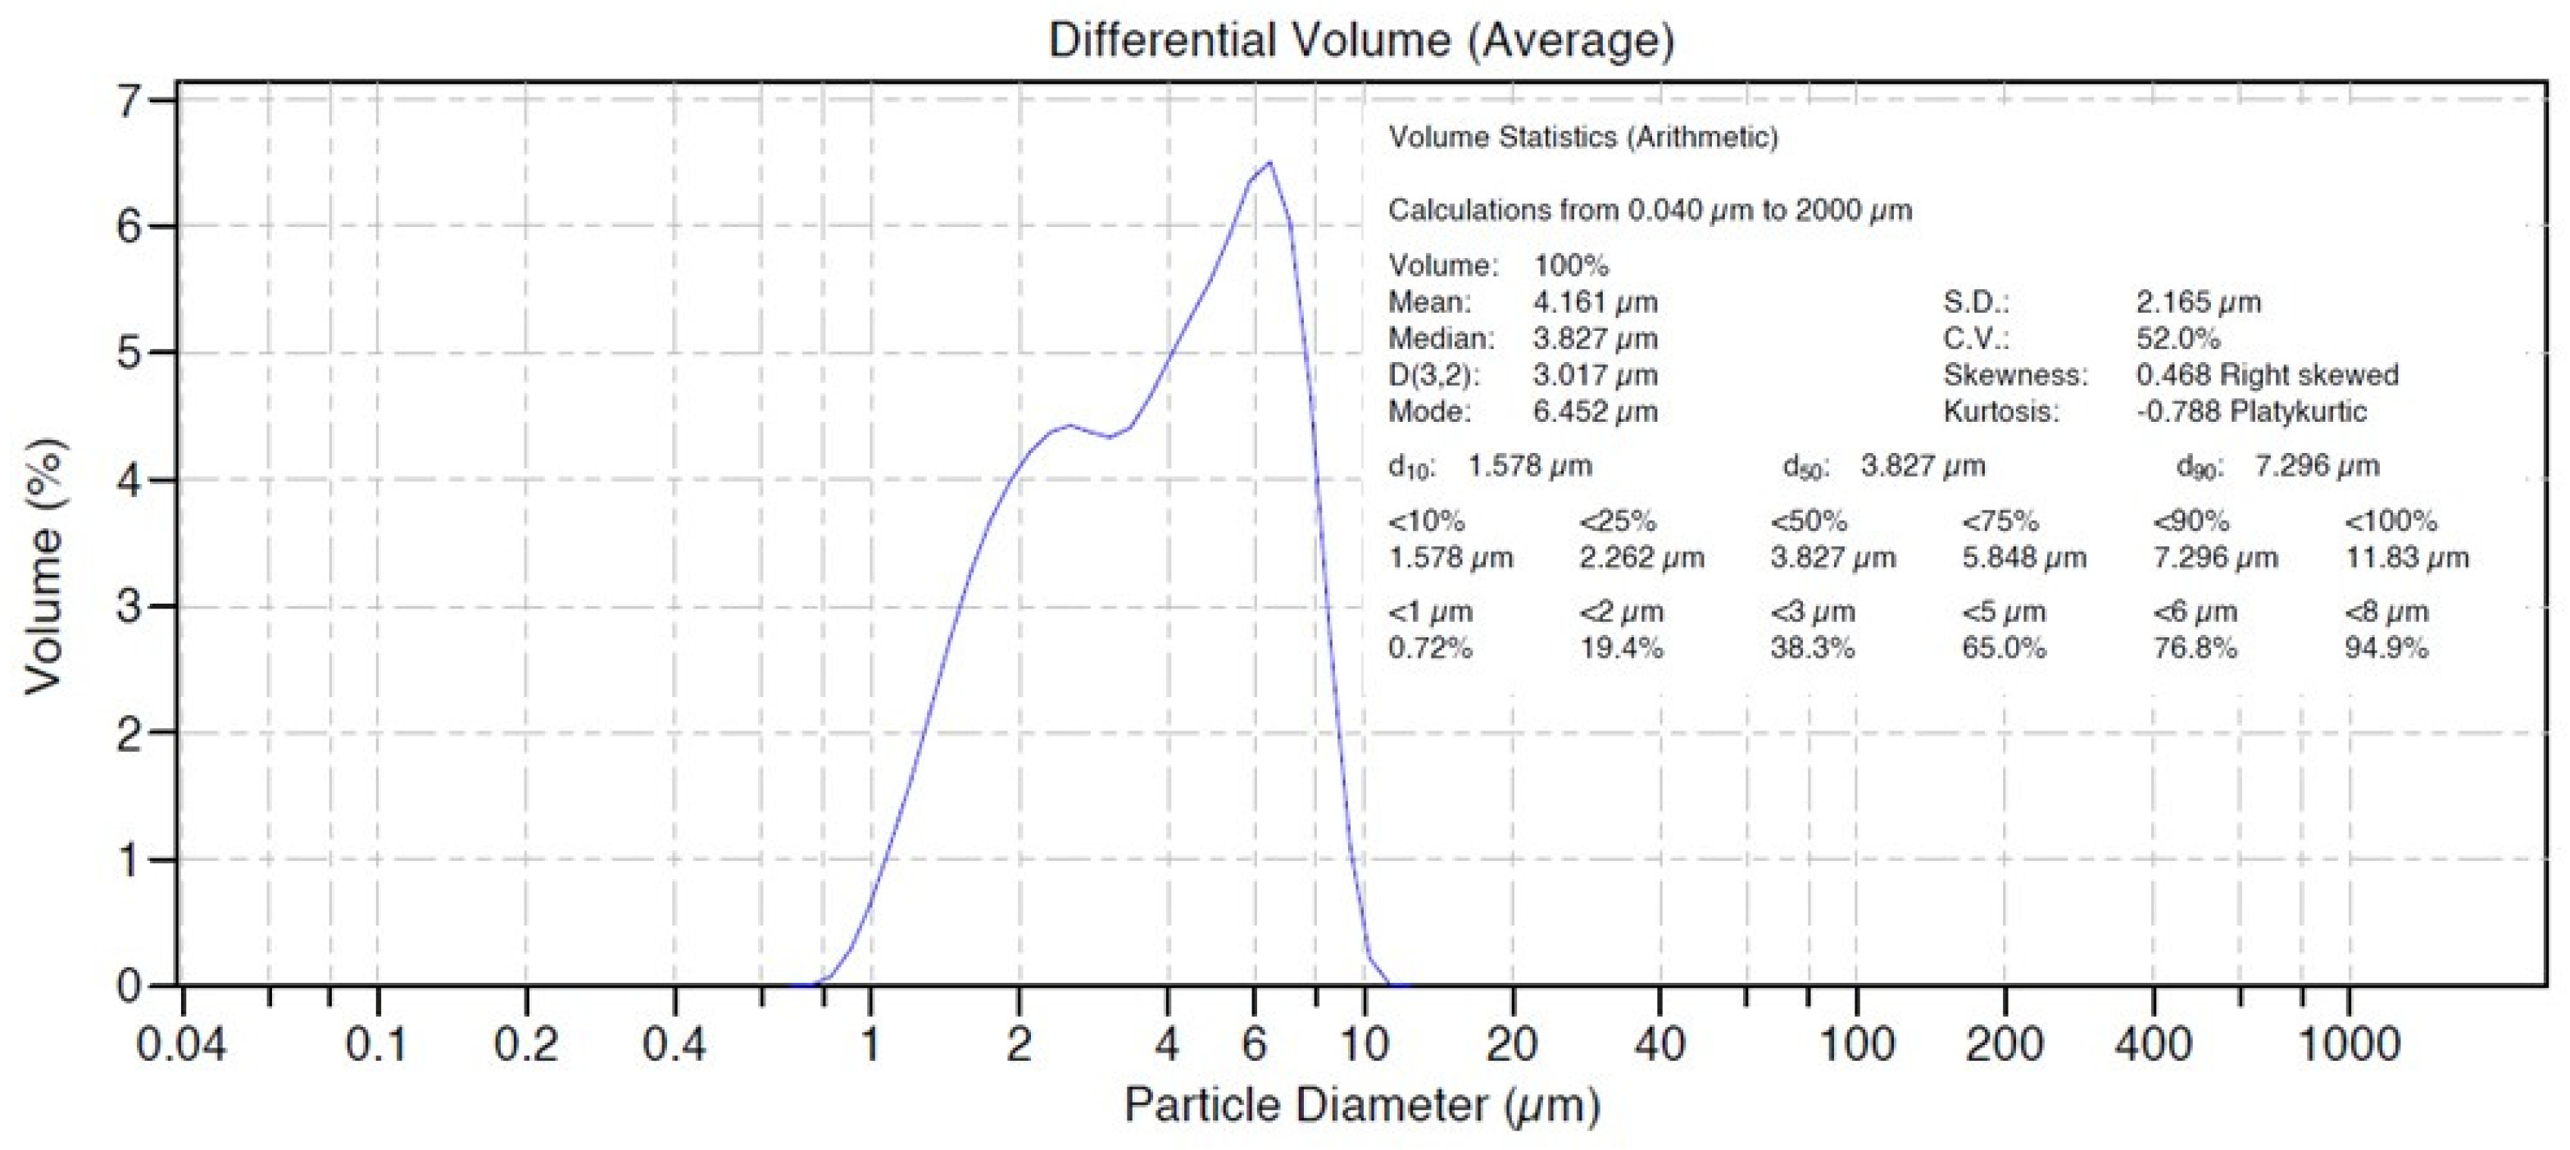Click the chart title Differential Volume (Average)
[1361, 40]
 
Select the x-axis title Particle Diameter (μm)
[1362, 1105]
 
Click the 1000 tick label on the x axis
[2349, 1044]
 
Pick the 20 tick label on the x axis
[1511, 1044]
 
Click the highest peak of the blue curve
[1269, 161]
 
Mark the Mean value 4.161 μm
[1594, 302]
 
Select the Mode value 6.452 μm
[1594, 411]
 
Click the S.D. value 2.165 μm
[2198, 302]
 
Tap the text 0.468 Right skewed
[2267, 375]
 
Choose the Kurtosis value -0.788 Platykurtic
[2250, 411]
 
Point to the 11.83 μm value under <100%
[2405, 558]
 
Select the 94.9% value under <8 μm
[2386, 649]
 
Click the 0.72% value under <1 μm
[1430, 649]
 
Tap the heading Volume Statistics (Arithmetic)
[1582, 138]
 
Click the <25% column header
[1617, 521]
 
